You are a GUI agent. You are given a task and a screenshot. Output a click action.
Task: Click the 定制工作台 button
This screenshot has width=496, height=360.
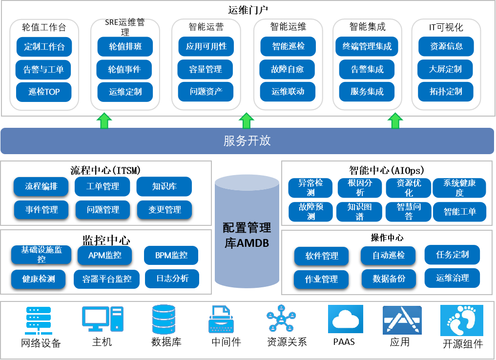coord(44,47)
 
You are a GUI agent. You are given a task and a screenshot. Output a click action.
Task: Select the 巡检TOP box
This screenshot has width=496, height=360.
coord(44,92)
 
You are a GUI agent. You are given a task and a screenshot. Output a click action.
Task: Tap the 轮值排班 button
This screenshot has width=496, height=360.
coord(124,47)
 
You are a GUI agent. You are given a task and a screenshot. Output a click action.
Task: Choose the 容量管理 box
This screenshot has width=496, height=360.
coord(206,69)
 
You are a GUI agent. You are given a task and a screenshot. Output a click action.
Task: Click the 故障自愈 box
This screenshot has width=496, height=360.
coord(288,69)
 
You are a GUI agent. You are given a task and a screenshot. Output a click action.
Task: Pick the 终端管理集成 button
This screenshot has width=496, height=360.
coord(367,47)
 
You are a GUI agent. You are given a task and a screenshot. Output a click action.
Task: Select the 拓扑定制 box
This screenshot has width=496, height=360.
coord(446,92)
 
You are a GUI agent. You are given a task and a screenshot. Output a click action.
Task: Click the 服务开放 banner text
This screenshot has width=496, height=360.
coord(247,141)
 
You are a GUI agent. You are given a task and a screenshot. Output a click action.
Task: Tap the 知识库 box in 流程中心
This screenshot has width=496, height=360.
coord(164,186)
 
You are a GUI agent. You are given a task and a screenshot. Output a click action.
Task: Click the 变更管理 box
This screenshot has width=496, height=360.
coord(164,210)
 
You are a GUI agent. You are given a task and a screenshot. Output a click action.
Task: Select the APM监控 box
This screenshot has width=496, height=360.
coord(105,255)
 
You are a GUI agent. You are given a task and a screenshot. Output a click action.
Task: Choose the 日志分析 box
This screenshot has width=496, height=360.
coord(172,279)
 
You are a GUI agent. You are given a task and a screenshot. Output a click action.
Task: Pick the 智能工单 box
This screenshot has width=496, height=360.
coord(459,212)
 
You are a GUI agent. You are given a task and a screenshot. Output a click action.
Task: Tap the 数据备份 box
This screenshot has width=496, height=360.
coord(388,279)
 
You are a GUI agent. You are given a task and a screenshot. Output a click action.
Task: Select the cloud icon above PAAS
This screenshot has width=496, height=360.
coord(345,319)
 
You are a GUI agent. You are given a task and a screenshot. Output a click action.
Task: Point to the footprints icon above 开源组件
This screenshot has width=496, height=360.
coord(461,320)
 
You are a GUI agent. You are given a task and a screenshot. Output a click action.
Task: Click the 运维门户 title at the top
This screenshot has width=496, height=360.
coord(248,9)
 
